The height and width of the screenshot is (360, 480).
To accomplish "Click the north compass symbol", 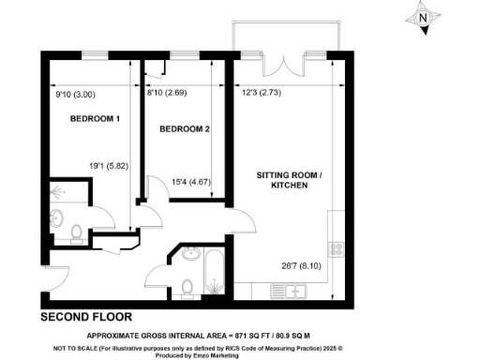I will coord(424,18).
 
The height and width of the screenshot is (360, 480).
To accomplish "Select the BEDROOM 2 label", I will coord(184,128).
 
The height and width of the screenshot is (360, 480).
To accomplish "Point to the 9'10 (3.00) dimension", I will coord(69,93).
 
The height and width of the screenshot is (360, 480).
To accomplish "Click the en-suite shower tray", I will coord(65,192).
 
